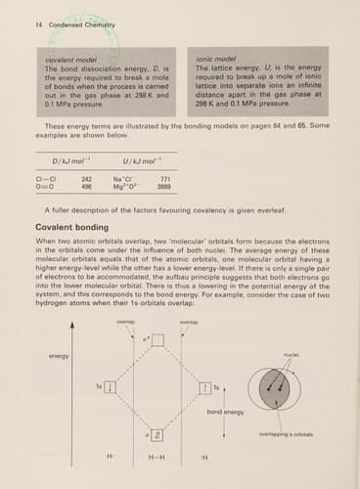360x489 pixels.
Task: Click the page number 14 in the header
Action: click(x=22, y=16)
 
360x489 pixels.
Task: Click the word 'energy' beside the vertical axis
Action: click(x=59, y=356)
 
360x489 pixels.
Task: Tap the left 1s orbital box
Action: click(x=111, y=387)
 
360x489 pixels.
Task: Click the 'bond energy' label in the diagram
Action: click(x=225, y=413)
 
